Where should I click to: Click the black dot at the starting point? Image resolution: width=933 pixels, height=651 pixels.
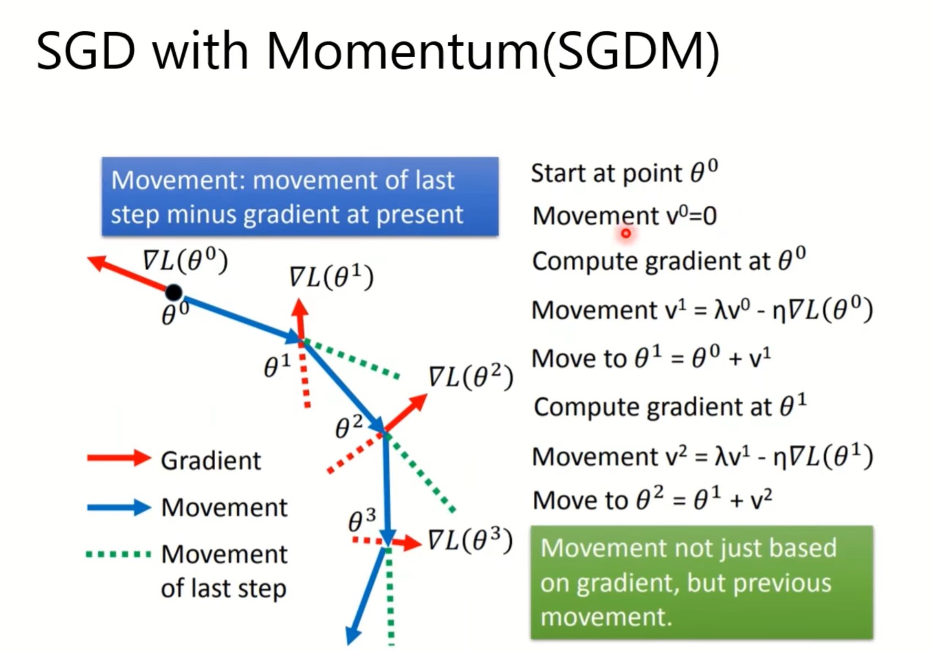[174, 292]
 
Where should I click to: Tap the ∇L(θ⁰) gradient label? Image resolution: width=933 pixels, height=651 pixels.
[185, 260]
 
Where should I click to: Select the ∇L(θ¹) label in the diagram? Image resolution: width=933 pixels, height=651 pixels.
[331, 277]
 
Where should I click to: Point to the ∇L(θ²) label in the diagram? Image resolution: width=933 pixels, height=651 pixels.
[470, 377]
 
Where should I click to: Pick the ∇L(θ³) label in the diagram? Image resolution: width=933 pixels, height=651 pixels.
[470, 540]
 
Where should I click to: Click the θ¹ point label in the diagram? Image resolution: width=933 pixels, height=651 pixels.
[277, 365]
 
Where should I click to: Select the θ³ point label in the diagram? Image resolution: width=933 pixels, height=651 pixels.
[362, 520]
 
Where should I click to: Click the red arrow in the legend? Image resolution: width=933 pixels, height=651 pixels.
[119, 458]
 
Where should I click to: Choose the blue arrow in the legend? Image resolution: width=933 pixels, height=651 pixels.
[119, 507]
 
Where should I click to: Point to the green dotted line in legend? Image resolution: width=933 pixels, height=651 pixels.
[119, 554]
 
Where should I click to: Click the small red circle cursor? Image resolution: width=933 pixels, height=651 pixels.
[626, 234]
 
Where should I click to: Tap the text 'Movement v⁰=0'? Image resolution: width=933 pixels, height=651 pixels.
[624, 216]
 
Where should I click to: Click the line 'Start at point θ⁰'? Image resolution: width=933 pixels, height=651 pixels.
[624, 173]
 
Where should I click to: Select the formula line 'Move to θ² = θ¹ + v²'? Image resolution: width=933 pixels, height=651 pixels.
[652, 500]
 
